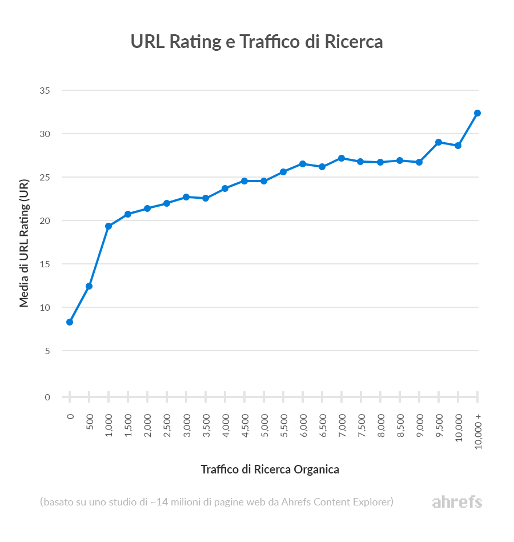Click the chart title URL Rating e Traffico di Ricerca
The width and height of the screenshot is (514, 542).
coord(256,42)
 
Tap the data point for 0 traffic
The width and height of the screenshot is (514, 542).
coord(70,322)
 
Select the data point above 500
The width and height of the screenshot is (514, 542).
coord(89,286)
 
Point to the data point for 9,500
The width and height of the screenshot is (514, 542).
coord(439,142)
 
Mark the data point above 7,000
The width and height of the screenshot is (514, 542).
coord(342,158)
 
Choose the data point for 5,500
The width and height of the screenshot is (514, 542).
coord(283,172)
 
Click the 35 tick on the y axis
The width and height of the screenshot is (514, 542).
coord(45,90)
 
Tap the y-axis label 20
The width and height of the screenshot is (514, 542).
coord(45,220)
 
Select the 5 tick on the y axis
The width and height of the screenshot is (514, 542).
coord(47,351)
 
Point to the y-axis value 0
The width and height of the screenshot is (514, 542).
coord(47,397)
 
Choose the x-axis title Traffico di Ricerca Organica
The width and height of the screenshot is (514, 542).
coord(270,469)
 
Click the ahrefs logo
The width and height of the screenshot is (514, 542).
coord(457,503)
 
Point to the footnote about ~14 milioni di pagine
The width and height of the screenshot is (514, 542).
coord(216,503)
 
